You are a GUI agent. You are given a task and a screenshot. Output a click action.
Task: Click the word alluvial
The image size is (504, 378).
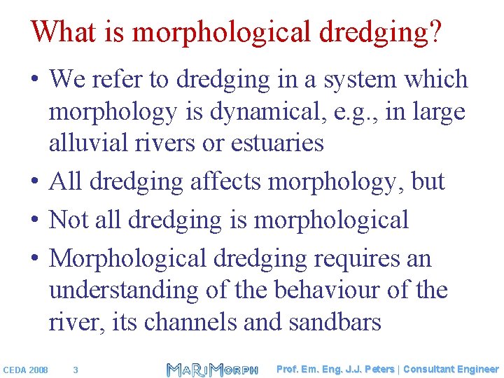(86, 143)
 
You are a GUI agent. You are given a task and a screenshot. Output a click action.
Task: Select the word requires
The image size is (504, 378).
(356, 259)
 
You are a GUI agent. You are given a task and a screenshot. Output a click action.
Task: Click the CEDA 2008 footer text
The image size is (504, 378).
(26, 370)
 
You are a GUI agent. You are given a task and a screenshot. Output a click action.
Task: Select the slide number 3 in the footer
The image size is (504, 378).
(76, 370)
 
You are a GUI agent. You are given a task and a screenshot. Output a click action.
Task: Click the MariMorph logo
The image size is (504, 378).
(212, 369)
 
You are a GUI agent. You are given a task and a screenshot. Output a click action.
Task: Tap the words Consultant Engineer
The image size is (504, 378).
(451, 369)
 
